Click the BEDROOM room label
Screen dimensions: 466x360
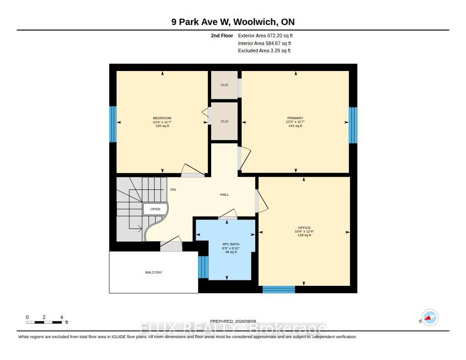[162, 118]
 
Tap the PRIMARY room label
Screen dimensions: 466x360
[295, 118]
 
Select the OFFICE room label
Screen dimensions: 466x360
[304, 228]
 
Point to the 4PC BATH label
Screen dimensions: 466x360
[231, 244]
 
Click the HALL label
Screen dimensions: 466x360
[224, 194]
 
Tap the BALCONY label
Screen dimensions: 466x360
[154, 272]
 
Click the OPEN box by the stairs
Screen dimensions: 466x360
[155, 209]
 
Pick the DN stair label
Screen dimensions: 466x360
[173, 189]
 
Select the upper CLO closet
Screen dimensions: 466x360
[224, 85]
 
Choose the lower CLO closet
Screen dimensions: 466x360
[224, 121]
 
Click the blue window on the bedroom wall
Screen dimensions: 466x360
[113, 124]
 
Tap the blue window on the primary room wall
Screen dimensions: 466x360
[353, 125]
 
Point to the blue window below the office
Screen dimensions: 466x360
[279, 289]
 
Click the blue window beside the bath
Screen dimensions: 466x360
[203, 267]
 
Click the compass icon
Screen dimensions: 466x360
[430, 318]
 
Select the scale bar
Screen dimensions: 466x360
[44, 322]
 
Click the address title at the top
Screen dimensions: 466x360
[233, 22]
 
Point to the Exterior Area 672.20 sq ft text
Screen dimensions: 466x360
[265, 35]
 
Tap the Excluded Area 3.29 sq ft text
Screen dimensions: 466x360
[264, 51]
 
